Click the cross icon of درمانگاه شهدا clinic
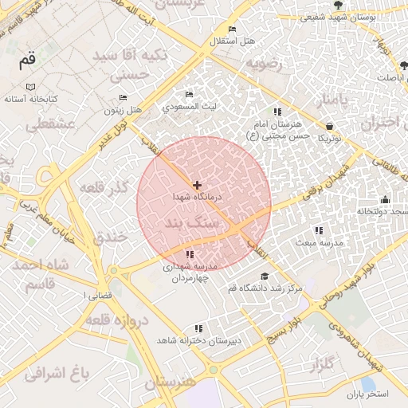pyautogui.click(x=198, y=185)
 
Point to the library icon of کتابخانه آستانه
pyautogui.click(x=30, y=87)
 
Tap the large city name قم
pyautogui.click(x=28, y=61)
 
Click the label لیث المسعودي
pyautogui.click(x=190, y=105)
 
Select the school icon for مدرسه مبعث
pyautogui.click(x=320, y=230)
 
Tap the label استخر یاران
pyautogui.click(x=367, y=394)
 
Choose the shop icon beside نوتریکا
pyautogui.click(x=330, y=126)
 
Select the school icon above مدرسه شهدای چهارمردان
pyautogui.click(x=189, y=254)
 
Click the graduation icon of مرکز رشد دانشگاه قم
pyautogui.click(x=265, y=276)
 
